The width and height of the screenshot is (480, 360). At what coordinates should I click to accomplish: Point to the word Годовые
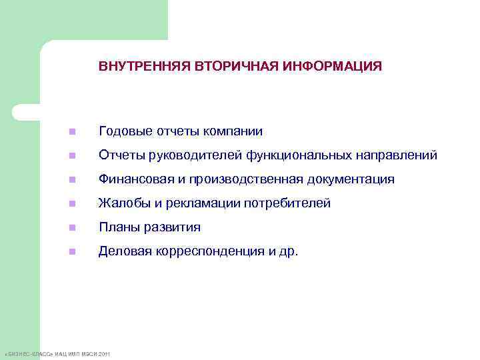point(122,131)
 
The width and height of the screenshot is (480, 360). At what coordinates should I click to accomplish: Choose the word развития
point(174,227)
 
